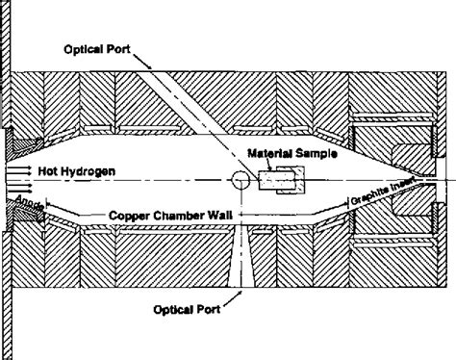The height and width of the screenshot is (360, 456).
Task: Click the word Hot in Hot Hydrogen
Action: [x=49, y=170]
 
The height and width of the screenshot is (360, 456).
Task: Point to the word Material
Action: [x=270, y=154]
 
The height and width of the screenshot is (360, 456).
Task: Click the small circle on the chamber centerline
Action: [x=240, y=180]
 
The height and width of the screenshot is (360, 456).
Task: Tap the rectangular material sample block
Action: [x=285, y=176]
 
